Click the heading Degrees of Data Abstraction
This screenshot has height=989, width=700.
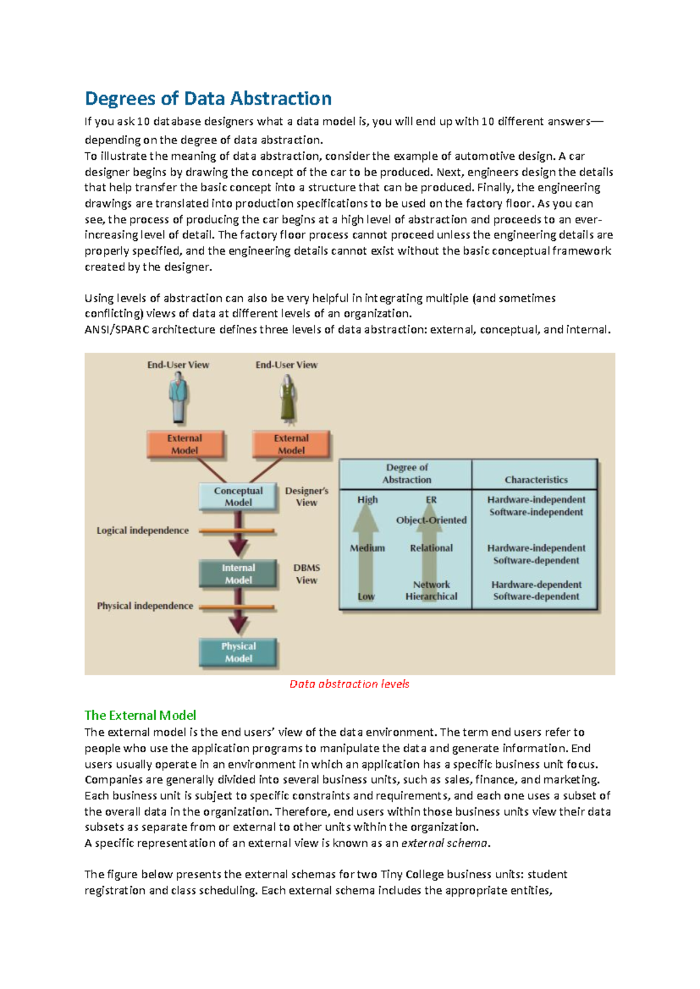pos(208,99)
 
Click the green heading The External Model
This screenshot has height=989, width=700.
pos(140,716)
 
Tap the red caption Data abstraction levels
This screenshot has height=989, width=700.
pos(349,684)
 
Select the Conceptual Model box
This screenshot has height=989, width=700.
pos(238,497)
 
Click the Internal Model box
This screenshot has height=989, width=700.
pos(238,574)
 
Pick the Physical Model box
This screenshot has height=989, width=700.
pos(238,653)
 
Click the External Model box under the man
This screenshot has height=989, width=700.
pos(184,444)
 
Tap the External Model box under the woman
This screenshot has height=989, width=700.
pos(291,444)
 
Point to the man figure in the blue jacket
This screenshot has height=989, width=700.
pos(178,398)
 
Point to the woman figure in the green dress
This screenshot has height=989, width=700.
pos(287,398)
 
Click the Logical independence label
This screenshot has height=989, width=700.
pos(143,531)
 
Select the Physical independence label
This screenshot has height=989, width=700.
pos(145,606)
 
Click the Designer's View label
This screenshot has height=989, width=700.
pos(306,497)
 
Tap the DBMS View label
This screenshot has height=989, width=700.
pos(306,574)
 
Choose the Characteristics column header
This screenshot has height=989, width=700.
pos(535,480)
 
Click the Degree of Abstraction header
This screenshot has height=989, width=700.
pos(407,474)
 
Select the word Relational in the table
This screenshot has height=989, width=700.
pos(431,548)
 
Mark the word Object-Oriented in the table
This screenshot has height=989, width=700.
pos(431,520)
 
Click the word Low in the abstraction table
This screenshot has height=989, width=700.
pos(366,597)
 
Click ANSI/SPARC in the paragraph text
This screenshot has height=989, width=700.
pos(117,329)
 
